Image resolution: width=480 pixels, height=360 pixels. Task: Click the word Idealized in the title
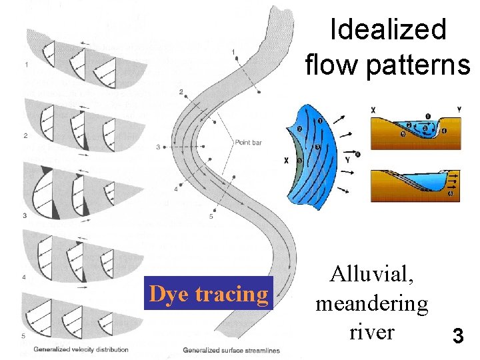tap(388, 29)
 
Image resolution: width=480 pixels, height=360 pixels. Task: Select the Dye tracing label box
tap(209, 293)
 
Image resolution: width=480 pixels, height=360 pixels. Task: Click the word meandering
tap(371, 303)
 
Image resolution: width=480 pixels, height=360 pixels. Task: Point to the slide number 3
tap(458, 335)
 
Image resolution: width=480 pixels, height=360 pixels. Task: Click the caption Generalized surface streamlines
tap(231, 350)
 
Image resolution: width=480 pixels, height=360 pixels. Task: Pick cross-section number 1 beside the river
tap(233, 51)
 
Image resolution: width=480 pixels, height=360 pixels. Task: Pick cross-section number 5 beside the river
tap(211, 216)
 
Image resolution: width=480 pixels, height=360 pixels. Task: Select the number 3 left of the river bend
tap(158, 146)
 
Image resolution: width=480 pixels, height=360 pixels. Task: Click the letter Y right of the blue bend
tap(347, 159)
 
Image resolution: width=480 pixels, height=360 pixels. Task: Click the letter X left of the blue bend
tap(286, 161)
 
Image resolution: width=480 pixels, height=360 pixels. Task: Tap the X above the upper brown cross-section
tap(373, 109)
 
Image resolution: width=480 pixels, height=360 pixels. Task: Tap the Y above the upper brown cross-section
tap(459, 109)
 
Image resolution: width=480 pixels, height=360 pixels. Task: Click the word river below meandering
tap(371, 331)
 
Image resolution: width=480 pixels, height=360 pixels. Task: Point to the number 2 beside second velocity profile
tap(25, 135)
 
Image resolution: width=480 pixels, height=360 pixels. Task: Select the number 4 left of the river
tap(176, 189)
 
